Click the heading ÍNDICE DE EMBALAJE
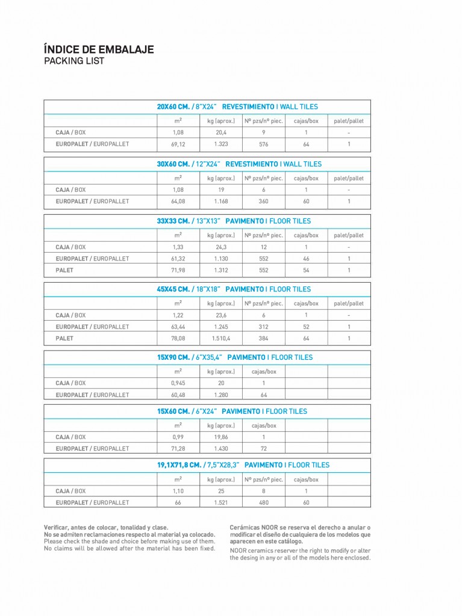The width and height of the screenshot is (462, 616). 99,49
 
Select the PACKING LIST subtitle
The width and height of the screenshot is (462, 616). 74,61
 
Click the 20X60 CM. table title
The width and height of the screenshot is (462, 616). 237,106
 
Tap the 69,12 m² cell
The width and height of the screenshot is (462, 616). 178,144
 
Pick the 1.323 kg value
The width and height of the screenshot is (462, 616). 221,144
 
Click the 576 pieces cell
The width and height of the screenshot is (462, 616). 263,144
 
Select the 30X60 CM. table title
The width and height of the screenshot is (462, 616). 239,164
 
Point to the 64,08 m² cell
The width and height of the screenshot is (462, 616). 178,202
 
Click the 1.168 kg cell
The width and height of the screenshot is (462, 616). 221,202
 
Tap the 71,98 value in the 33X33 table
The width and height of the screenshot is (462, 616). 178,270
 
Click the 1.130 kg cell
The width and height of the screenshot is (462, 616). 221,259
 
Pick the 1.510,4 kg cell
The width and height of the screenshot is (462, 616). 221,338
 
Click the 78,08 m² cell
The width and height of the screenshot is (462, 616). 178,338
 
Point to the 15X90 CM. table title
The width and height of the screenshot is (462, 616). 235,357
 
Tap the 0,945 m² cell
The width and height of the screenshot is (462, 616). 178,383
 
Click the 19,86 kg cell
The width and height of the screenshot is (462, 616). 221,437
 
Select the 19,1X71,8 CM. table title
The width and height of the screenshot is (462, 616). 243,465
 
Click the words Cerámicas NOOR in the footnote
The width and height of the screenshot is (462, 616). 254,528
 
